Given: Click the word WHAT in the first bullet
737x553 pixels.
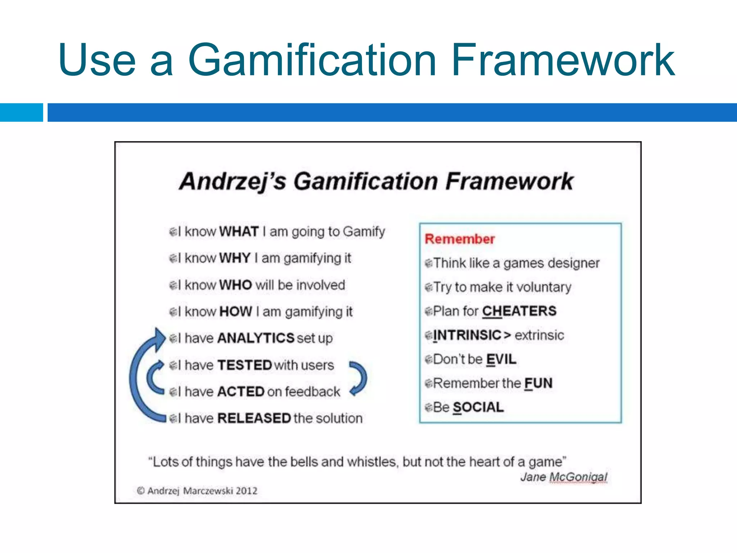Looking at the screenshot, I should point(239,231).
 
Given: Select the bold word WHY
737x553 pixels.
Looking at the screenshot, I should point(235,258).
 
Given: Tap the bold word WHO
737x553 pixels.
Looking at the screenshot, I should point(235,285).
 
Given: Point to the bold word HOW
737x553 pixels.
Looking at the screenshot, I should point(235,311).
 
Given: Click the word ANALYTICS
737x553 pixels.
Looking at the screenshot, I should point(256,338).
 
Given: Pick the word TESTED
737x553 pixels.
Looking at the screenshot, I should point(244,365).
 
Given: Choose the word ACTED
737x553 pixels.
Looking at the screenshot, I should point(241,392).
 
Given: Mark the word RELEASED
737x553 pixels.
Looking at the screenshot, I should point(254,418).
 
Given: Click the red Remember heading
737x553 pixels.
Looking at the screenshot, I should point(460,239).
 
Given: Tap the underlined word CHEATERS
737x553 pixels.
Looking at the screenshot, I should point(519,311).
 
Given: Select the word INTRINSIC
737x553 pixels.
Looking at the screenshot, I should point(467,335).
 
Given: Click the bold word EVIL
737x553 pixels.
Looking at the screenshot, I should point(501,359).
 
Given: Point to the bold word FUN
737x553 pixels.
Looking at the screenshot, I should point(538,383).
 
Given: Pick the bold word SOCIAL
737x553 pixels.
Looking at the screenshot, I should point(478,408).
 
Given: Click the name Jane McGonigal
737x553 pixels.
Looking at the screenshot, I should point(564,477).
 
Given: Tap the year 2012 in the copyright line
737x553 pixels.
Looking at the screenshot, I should point(247,491).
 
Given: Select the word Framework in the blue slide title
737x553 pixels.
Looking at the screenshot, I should point(563,60).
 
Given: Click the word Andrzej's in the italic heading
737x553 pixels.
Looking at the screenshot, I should point(232,181).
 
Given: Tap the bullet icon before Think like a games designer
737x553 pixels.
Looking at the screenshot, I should point(428,263).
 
